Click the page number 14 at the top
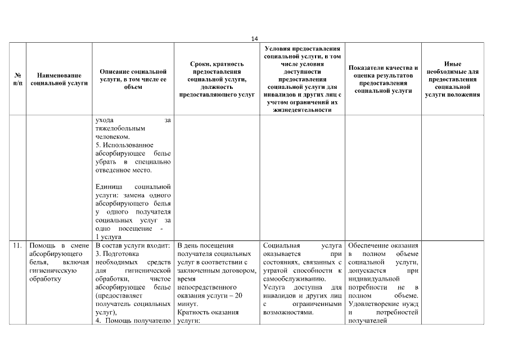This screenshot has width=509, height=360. pos(254,38)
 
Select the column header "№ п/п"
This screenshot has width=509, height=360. pos(17,79)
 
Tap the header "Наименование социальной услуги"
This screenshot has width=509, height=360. pos(59,79)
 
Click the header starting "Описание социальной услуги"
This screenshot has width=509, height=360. pos(133,79)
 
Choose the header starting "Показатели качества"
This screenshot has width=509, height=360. pos(382,79)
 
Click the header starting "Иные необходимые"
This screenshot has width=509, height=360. pos(452,79)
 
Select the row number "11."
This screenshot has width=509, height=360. pos(17,246)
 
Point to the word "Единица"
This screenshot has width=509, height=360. pos(110,186)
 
